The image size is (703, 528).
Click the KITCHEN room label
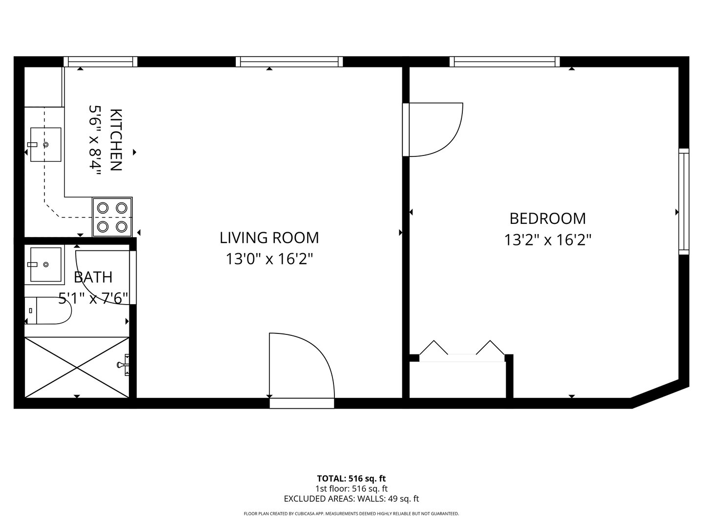pos(116,140)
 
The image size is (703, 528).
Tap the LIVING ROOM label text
pos(269,238)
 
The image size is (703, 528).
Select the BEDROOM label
pos(547,218)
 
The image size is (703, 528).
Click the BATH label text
pos(93,277)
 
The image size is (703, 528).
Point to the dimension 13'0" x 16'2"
pos(269,259)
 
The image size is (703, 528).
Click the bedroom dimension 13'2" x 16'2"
pos(547,240)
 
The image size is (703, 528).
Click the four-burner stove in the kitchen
pos(112,217)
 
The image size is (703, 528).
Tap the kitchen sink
pos(46,144)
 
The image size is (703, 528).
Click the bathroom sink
pos(46,264)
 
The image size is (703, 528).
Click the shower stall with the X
pos(77,367)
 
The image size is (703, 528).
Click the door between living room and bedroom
pos(432,130)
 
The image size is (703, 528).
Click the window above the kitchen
pos(101,62)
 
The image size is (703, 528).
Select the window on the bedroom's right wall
pos(683,201)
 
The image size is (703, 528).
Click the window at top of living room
pos(289,62)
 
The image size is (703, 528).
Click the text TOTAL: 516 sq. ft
pos(351,479)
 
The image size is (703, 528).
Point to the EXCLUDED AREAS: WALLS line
pos(351,499)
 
